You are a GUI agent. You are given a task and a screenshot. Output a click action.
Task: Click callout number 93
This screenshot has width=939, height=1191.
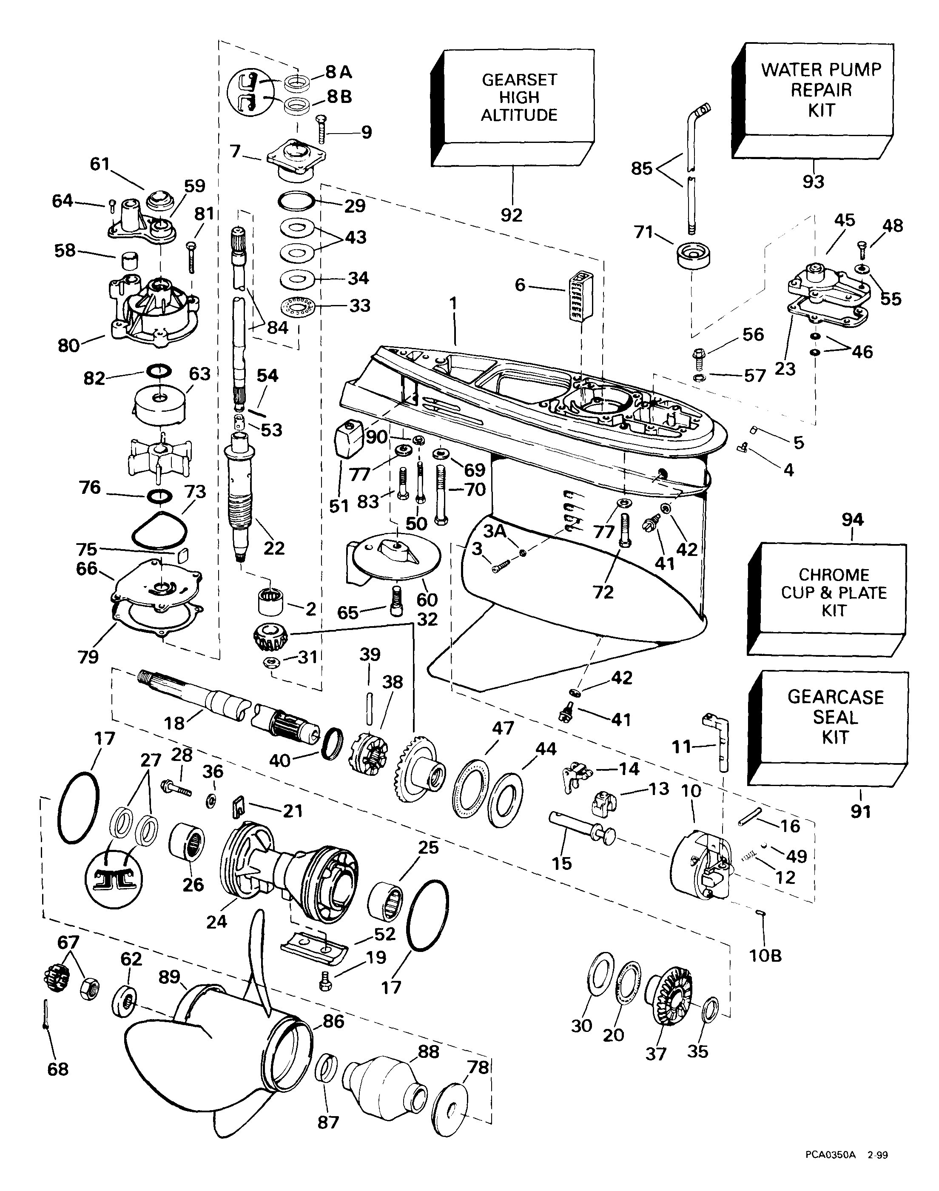point(813,182)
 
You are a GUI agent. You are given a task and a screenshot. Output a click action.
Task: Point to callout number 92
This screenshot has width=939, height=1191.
point(511,215)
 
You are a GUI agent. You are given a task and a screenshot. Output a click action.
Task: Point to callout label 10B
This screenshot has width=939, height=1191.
point(765,956)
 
